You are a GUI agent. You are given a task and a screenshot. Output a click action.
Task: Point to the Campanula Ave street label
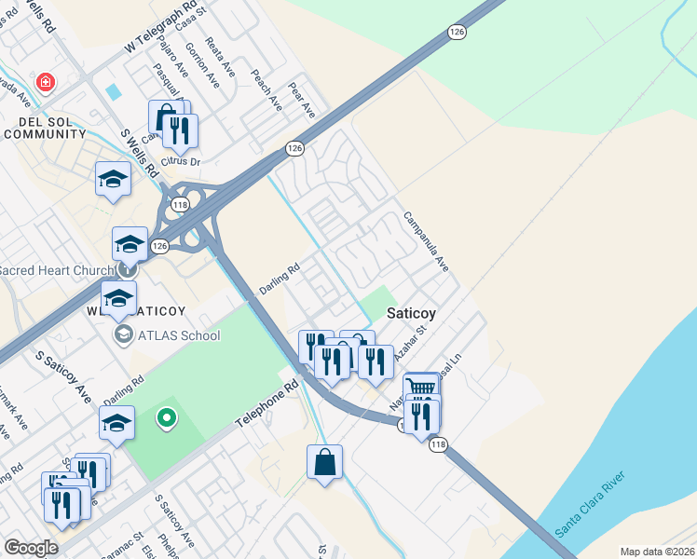426,241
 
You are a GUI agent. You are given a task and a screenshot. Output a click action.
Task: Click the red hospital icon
44,84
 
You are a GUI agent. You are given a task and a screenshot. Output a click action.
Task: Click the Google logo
31,548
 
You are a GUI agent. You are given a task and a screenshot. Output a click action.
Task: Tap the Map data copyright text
656,552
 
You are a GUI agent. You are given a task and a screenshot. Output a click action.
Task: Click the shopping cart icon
421,387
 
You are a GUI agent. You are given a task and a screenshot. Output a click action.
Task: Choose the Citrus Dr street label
181,161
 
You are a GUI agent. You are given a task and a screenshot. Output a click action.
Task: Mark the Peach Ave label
266,90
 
